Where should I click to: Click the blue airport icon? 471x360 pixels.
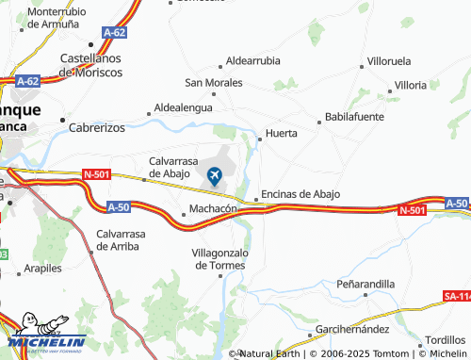pos(214,175)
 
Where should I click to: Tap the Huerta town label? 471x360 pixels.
pos(282,134)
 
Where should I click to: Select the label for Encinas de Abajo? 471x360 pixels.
pos(300,194)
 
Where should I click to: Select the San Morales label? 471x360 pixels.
pos(213,83)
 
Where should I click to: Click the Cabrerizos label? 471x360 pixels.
pos(97,126)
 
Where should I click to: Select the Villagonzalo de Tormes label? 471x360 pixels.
pos(219,259)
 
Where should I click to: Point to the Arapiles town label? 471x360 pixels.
pos(43,269)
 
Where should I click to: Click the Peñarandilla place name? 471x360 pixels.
pos(365,284)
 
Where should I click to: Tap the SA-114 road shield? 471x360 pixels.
pos(456,296)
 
